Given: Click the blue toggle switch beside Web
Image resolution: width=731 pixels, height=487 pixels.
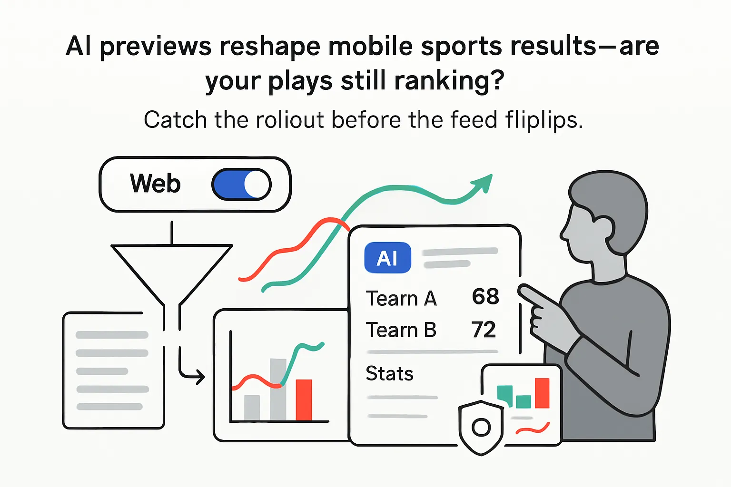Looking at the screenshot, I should (241, 185).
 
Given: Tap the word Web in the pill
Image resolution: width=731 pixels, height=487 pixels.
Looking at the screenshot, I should (155, 184).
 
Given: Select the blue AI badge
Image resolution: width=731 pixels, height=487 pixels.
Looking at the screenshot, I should (387, 258).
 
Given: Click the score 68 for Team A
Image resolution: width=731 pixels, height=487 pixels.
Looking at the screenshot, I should (485, 297).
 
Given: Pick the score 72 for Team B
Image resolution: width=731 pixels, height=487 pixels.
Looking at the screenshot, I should (484, 330).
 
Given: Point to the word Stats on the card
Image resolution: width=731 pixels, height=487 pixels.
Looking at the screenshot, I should (389, 374).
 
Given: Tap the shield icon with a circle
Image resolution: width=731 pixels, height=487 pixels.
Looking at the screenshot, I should (481, 427).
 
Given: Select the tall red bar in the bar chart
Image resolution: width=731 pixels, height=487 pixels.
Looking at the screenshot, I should (304, 399).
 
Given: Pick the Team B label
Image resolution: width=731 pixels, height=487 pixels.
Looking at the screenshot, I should (401, 330).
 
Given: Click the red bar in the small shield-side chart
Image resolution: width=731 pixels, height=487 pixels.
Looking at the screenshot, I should (542, 393).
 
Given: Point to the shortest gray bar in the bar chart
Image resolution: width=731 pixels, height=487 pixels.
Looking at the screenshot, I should (252, 407).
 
